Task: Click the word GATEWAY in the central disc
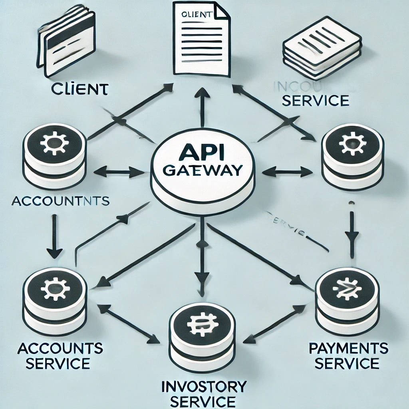point(203,170)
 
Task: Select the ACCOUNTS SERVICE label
point(60,355)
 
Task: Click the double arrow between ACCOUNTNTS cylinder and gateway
point(119,173)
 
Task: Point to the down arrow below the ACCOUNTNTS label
point(54,236)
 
